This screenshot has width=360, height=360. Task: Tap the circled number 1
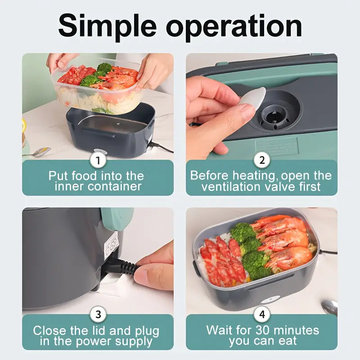click(x=98, y=160)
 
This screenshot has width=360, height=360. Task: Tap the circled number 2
click(x=262, y=160)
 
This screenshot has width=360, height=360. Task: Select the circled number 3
click(x=98, y=314)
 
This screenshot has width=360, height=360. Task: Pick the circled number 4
click(x=262, y=314)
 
